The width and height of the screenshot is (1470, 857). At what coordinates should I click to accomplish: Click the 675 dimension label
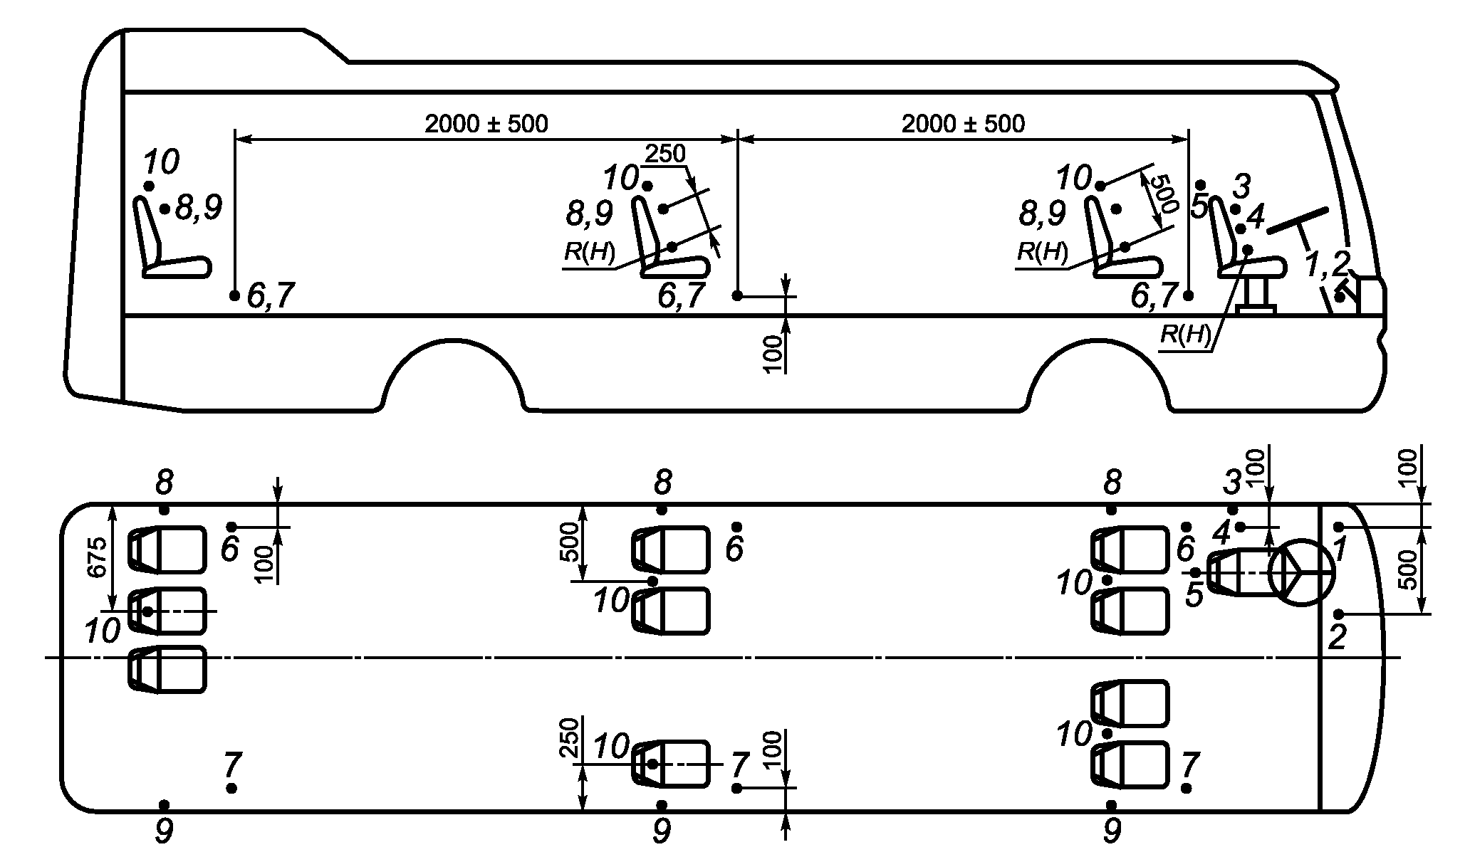(x=98, y=557)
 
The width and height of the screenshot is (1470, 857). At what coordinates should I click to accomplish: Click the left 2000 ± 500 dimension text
(x=486, y=124)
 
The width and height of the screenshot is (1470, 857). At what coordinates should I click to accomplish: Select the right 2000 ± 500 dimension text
(x=964, y=124)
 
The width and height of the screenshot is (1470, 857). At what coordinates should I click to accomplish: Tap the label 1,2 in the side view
(x=1328, y=264)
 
